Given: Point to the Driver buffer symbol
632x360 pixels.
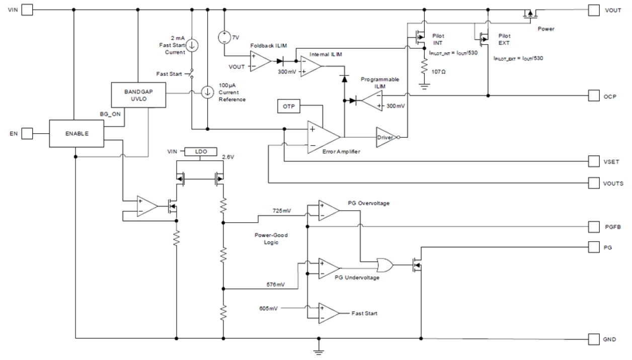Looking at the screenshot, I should coord(385,136).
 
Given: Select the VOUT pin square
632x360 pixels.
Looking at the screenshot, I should coord(594,10).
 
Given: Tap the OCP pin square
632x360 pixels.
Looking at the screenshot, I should coord(594,96).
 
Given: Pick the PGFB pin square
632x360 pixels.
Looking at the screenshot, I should coord(594,227).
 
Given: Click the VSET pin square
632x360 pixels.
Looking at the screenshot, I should coord(594,162).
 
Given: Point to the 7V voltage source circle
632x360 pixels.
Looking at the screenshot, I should coord(224,37).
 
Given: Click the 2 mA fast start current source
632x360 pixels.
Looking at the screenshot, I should coord(193,44).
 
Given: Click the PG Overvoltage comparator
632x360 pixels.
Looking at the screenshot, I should coord(328,210).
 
